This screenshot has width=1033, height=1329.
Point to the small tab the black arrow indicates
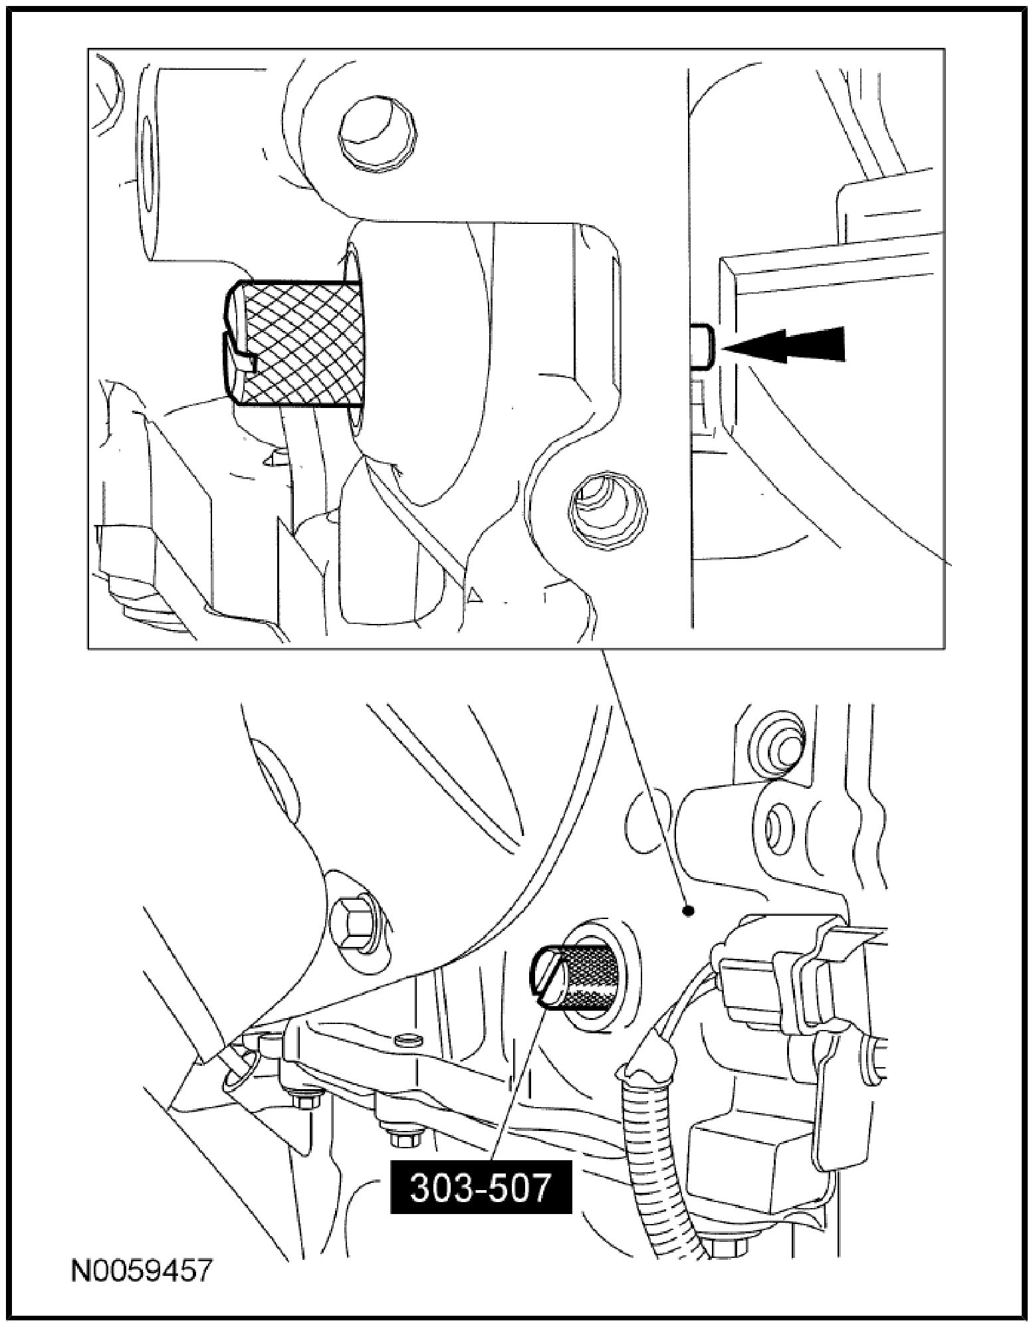tap(703, 346)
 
